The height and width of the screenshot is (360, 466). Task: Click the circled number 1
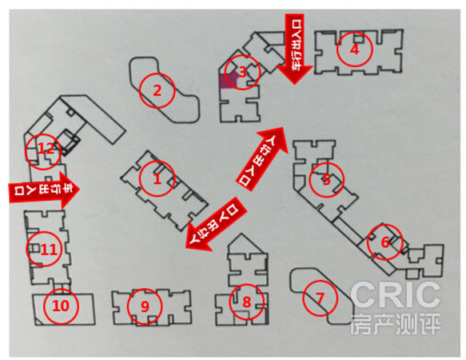pos(157,179)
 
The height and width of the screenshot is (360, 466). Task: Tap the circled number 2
pos(157,90)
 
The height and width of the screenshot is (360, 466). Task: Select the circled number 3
pos(242,72)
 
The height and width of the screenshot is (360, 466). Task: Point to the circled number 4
pos(355,49)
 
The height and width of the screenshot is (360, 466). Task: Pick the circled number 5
pos(327,180)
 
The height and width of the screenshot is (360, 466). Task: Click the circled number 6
pos(384,242)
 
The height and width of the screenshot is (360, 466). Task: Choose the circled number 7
pos(320,298)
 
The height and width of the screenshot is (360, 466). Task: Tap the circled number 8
pos(247,302)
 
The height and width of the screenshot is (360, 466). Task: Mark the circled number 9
pos(145,306)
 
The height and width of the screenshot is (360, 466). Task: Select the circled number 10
pos(61,306)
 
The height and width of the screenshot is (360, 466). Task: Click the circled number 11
pos(44,249)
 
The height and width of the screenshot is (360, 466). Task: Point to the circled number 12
pos(43,151)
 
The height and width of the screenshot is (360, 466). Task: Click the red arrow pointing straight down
pos(294,49)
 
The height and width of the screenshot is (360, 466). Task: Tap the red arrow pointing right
pos(44,190)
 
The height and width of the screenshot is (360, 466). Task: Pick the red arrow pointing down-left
pos(216,225)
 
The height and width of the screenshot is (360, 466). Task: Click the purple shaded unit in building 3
pos(228,80)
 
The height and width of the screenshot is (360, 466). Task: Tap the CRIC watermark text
pos(396,295)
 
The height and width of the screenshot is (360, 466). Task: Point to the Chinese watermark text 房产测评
pos(396,324)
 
